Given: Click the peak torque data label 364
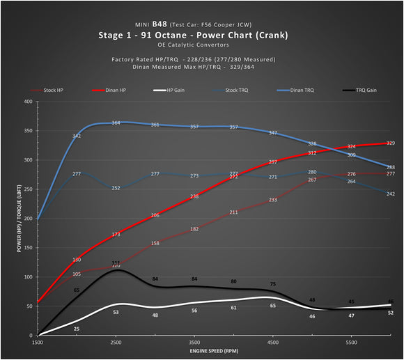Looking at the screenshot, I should coord(116,123).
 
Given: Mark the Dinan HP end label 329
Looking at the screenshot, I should coord(391,143).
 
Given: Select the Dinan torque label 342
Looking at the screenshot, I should coord(77,136).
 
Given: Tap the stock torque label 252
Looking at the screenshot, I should coord(116,188).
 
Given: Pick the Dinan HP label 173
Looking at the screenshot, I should coord(116,235).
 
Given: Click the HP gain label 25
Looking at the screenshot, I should coord(77,329).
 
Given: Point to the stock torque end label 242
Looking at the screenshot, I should coord(391,194).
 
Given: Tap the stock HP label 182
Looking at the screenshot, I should coord(194,229).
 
